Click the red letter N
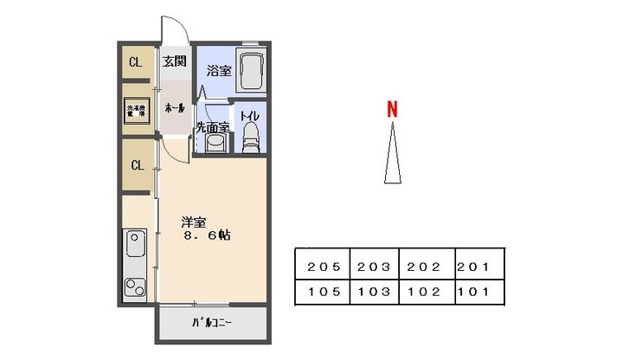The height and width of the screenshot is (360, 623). click(391, 110)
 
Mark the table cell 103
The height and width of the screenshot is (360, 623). click(375, 292)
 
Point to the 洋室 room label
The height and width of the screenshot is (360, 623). click(193, 220)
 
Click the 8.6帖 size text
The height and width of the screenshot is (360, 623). click(206, 235)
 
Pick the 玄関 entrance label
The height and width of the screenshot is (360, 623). click(174, 61)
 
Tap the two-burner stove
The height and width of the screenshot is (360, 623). click(137, 286)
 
